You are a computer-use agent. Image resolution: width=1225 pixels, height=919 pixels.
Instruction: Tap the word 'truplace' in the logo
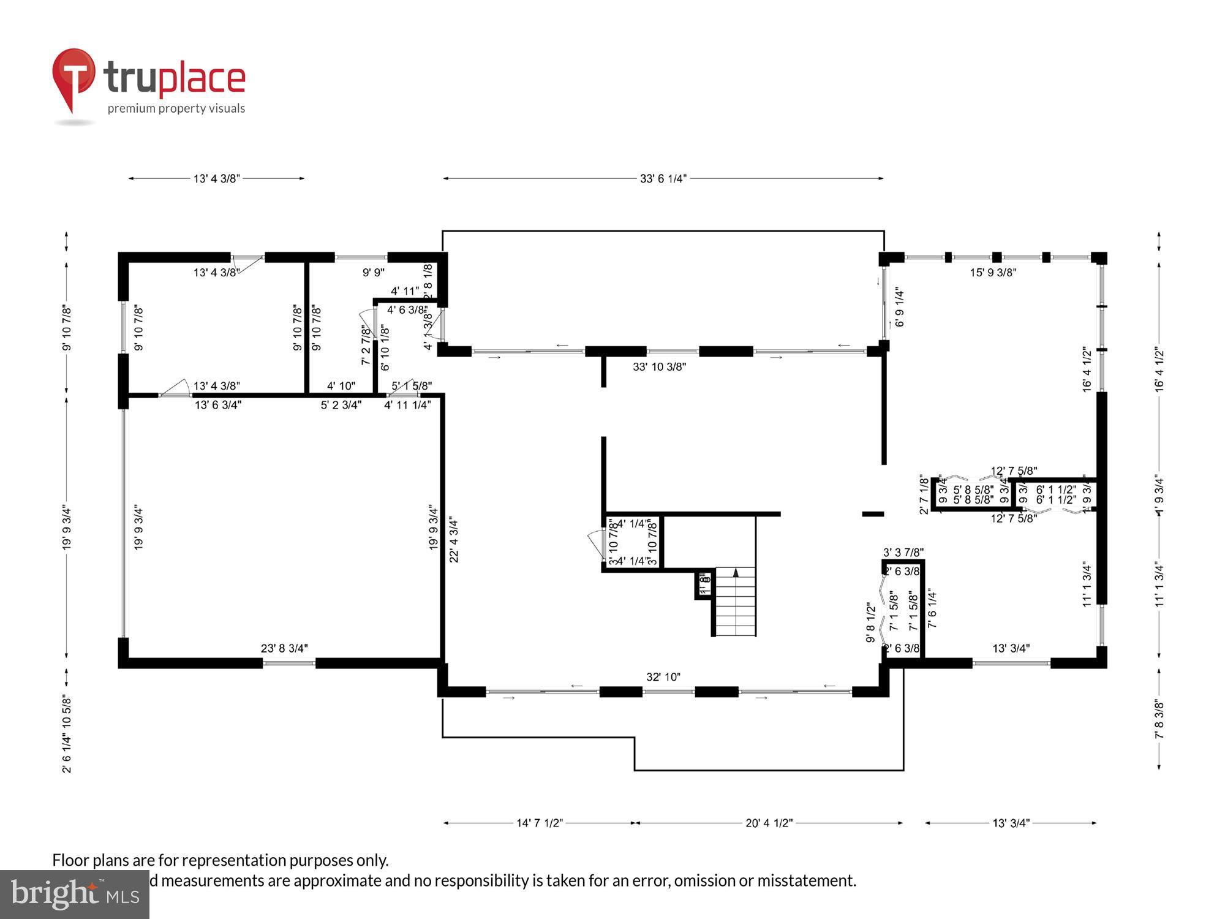point(175,78)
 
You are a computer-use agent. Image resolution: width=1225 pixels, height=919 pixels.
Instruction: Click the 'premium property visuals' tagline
point(176,109)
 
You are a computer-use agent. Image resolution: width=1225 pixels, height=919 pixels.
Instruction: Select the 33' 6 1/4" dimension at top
point(663,179)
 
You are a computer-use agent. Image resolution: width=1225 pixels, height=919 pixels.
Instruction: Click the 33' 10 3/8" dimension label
point(659,367)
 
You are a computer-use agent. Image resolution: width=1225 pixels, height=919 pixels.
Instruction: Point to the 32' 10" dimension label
point(663,677)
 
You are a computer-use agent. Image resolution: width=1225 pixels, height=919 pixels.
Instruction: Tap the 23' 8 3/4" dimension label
point(284,648)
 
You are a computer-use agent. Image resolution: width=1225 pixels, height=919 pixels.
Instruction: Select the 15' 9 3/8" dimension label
point(993,273)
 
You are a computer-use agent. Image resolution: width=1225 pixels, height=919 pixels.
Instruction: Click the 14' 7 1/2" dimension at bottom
point(539,823)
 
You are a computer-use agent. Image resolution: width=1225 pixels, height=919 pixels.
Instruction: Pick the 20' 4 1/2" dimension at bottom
point(769,823)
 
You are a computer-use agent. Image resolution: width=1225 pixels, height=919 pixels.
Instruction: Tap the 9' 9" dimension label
point(374,273)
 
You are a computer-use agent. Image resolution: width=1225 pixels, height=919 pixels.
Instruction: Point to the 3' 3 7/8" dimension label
point(903,552)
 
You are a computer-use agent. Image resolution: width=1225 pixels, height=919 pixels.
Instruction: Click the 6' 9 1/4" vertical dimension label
point(900,308)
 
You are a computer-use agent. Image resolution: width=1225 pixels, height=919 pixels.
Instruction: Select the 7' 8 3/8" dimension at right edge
point(1159,719)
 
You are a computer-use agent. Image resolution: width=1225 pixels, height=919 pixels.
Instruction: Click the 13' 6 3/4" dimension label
point(218,405)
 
